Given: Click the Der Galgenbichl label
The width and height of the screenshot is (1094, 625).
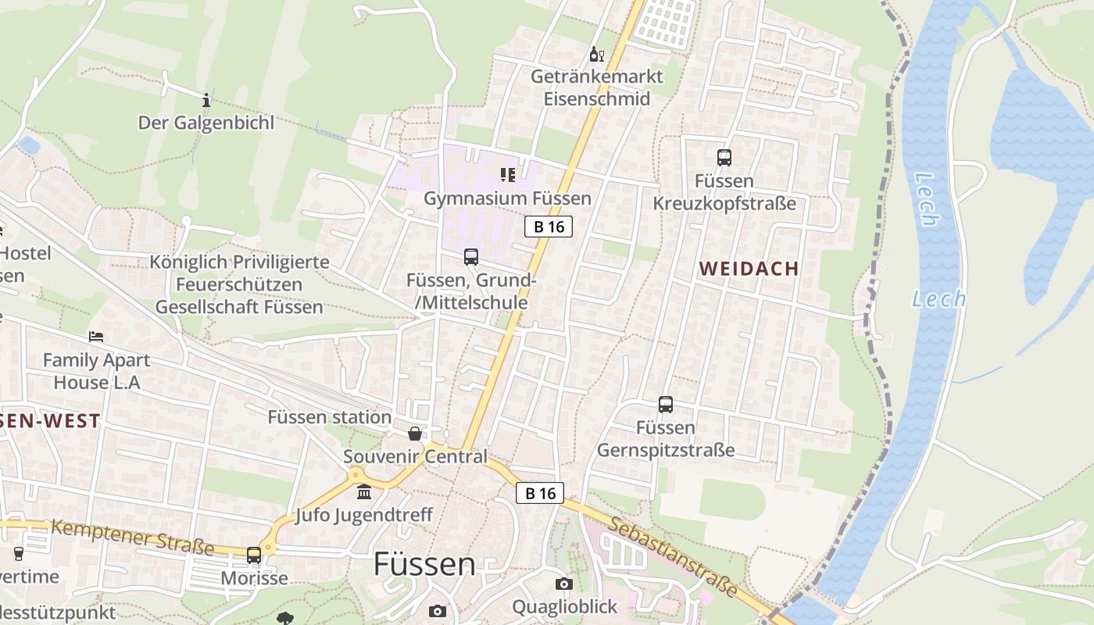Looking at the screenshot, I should coord(206,123).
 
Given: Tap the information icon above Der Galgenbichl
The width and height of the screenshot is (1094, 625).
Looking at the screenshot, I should coord(206,100).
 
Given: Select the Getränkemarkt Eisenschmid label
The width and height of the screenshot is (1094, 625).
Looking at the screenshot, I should coord(597,87).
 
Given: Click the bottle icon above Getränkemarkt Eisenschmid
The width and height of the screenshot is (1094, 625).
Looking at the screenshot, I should coord(596,54).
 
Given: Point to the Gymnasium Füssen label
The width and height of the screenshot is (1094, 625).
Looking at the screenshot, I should coord(507,198).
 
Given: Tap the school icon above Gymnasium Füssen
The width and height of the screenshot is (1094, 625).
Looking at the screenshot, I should coord(507,174).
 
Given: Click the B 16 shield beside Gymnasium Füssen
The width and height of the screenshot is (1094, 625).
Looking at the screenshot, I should coord(549,227).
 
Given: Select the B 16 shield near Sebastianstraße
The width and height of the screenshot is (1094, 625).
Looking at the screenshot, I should coord(540,493).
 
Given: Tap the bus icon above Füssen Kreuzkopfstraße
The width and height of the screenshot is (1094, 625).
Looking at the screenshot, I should coord(724,157).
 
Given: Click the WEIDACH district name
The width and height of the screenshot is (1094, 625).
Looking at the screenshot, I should coord(749,269).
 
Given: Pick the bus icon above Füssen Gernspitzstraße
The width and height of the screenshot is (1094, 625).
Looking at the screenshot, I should coord(666,405).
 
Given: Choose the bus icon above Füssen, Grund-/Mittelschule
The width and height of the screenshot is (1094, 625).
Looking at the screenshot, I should coord(471,256).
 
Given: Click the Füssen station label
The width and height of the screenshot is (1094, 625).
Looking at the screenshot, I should coord(329,417).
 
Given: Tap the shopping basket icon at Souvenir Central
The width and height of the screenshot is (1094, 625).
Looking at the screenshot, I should coord(415,433).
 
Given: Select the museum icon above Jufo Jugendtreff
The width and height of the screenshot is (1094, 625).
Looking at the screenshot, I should coord(364,492).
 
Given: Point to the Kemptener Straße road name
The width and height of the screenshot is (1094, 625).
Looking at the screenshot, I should coord(132,537).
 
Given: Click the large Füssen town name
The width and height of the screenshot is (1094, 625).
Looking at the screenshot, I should coord(424,563).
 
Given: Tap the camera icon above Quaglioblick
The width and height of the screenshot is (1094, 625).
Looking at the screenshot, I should coord(563,584).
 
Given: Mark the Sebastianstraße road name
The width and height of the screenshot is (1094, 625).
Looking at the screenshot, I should coord(673,557).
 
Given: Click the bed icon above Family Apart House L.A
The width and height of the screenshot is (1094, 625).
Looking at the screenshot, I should coord(96,337).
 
